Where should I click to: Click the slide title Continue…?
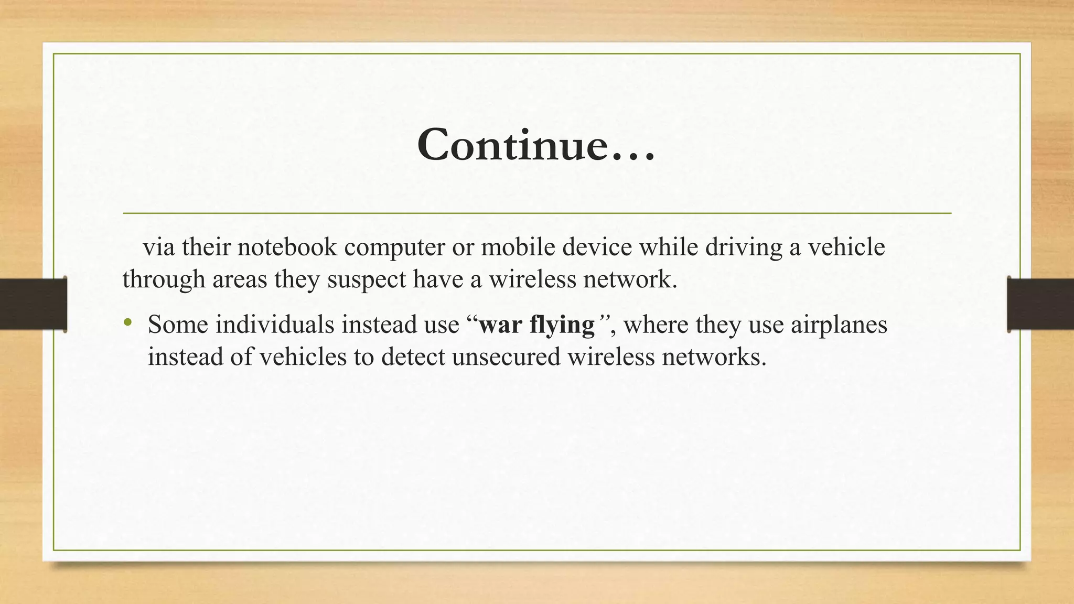[x=536, y=145]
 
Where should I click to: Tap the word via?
[x=159, y=247]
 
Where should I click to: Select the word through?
[x=164, y=280]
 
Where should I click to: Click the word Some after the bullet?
[x=178, y=325]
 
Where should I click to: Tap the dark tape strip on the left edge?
[x=33, y=304]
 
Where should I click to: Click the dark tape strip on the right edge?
[x=1040, y=304]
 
